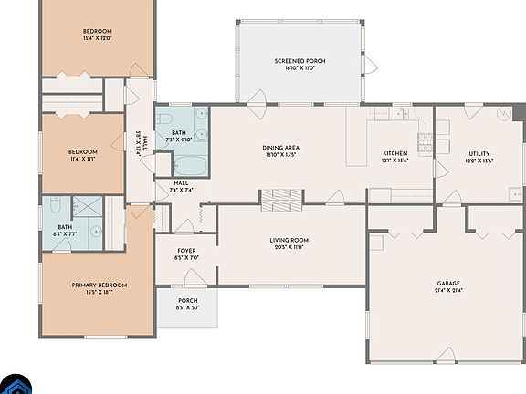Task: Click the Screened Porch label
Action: pos(300,61)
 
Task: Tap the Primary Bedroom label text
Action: pos(100,285)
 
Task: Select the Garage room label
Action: pos(447,284)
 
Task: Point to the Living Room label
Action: pos(289,240)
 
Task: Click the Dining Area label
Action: pos(281,148)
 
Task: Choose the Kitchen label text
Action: pos(394,153)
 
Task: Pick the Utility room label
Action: pos(479,154)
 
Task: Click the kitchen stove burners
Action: pos(425,142)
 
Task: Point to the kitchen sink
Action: pos(400,115)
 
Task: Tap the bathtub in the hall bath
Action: pos(191,166)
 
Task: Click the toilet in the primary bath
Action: pos(56,206)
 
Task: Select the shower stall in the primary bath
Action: pos(89,208)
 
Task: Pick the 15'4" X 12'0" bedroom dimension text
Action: pos(97,38)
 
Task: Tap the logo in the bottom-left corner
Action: pos(11,385)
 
